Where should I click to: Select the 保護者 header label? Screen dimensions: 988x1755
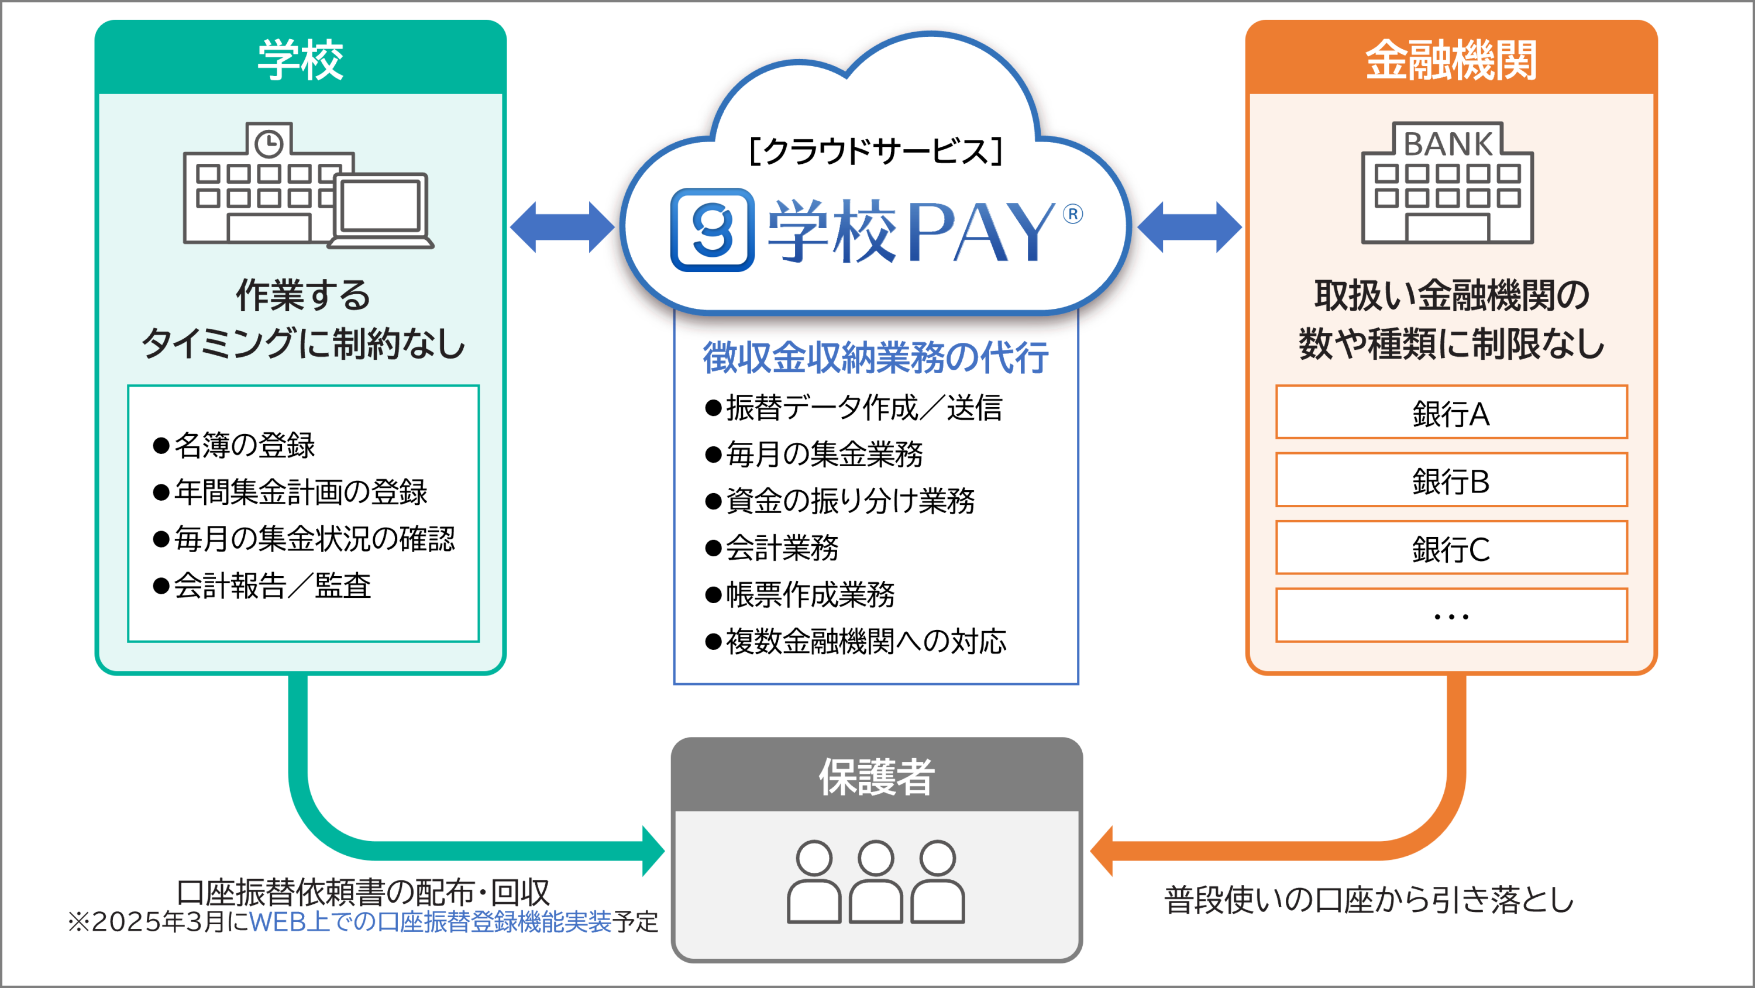coord(876,776)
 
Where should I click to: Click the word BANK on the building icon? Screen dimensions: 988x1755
coord(1448,144)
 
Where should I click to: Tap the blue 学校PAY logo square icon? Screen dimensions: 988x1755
coord(713,230)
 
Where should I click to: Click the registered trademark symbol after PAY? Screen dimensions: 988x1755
coord(1072,214)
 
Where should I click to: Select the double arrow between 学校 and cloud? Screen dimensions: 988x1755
coord(562,227)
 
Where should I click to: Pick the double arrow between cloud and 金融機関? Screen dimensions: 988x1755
coord(1189,227)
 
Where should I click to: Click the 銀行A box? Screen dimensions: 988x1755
coord(1451,412)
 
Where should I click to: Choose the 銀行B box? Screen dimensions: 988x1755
coord(1451,480)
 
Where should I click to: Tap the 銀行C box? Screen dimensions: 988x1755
coord(1451,548)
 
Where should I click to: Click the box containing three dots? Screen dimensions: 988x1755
coord(1451,615)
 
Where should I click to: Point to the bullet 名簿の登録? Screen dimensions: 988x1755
coord(235,446)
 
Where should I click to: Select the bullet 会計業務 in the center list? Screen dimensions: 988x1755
coord(773,547)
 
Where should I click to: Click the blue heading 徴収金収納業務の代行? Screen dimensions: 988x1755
coord(876,358)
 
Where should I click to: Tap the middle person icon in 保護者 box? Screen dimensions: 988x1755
coord(876,882)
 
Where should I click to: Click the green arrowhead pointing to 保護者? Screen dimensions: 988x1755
coord(652,851)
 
